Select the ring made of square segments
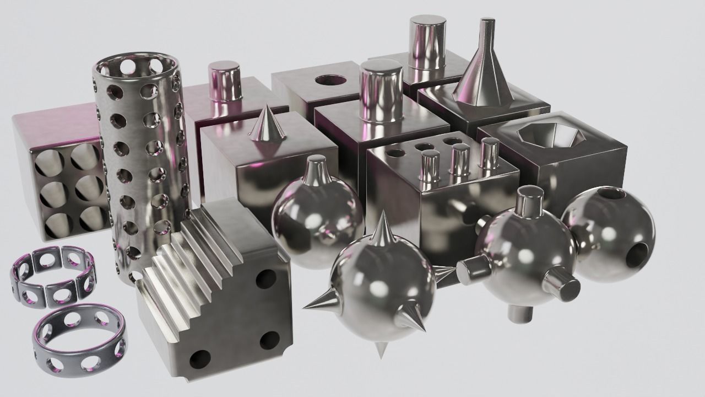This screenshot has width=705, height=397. pyautogui.click(x=52, y=276)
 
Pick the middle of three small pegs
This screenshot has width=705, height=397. pyautogui.click(x=459, y=160)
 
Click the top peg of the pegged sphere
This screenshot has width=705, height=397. pyautogui.click(x=529, y=201)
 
